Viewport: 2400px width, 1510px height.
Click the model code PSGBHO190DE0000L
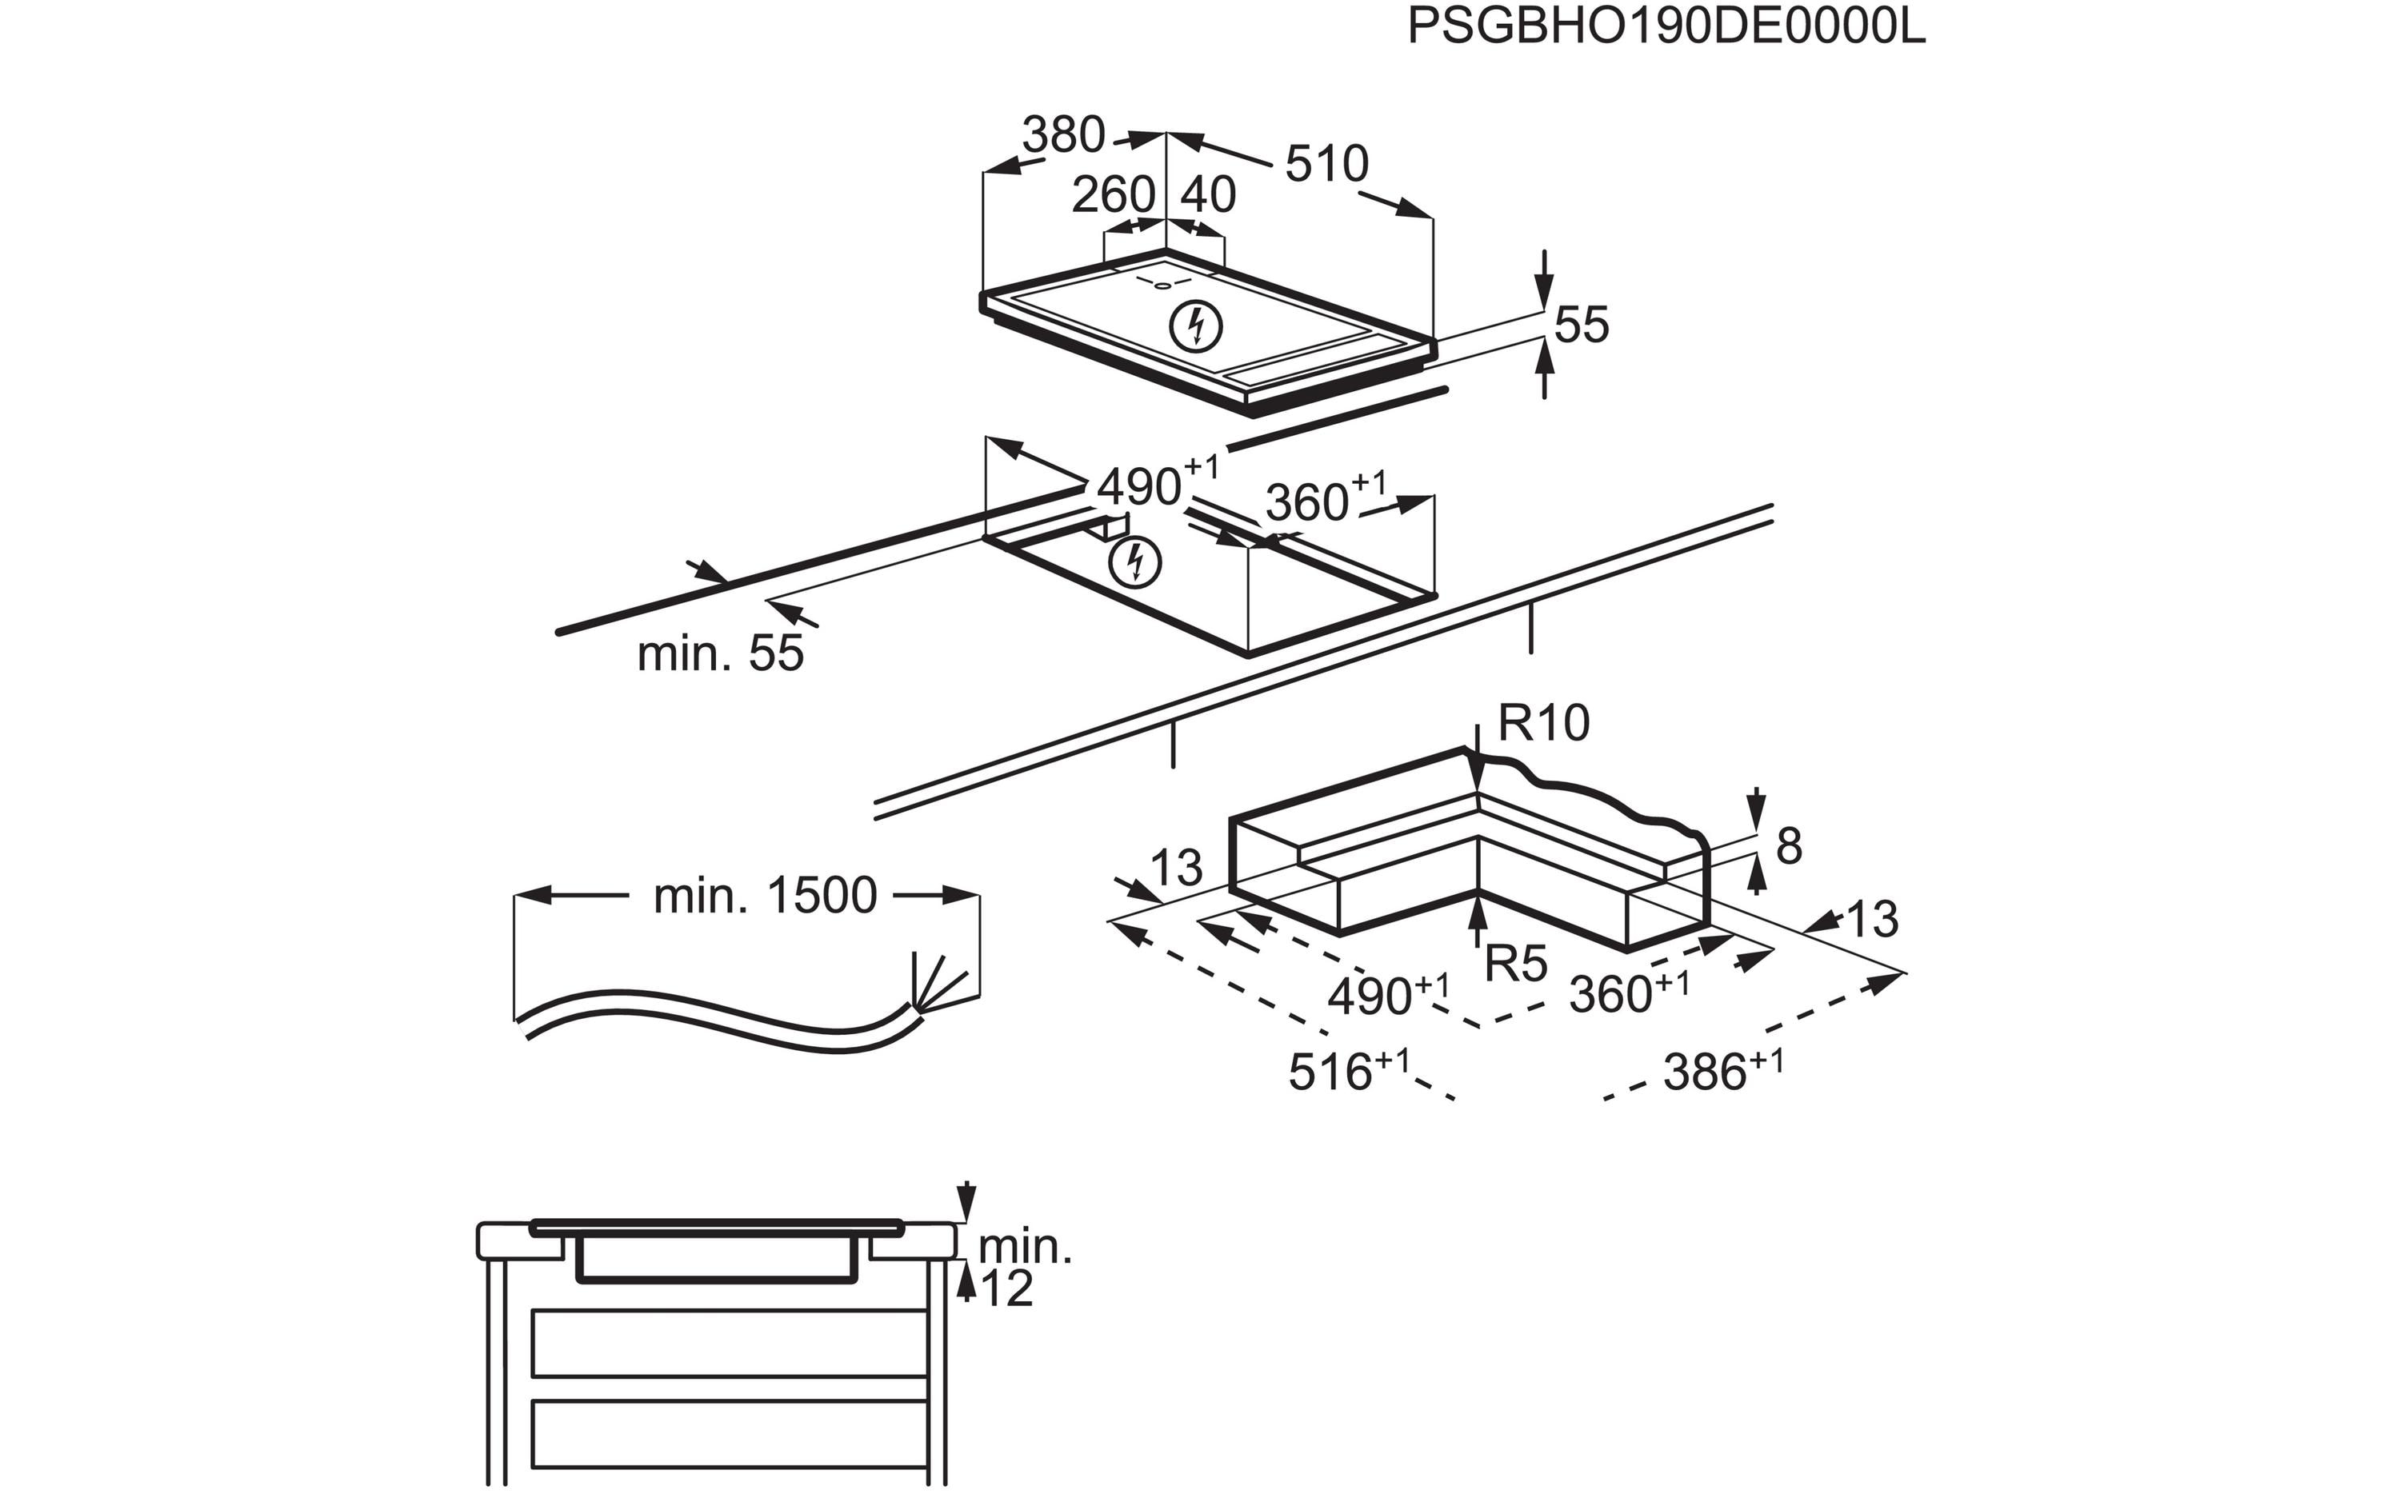click(1666, 28)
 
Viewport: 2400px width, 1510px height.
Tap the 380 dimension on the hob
click(1063, 134)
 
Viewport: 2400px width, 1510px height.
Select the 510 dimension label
click(1326, 165)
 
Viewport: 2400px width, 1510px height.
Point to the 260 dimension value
click(1112, 195)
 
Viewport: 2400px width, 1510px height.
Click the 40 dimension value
click(1208, 195)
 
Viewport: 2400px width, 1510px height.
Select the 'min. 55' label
click(720, 655)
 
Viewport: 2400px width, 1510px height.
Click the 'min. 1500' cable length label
click(765, 896)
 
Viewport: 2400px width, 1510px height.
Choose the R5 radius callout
click(1516, 964)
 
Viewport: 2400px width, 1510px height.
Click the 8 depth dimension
click(1789, 847)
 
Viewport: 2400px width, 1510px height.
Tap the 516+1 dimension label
click(1349, 1072)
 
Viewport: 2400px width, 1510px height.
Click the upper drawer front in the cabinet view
click(730, 1343)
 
